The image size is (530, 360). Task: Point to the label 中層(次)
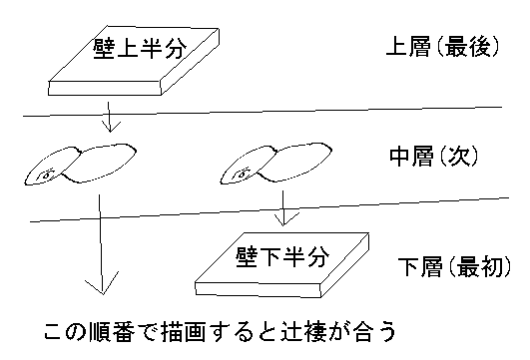click(434, 158)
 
